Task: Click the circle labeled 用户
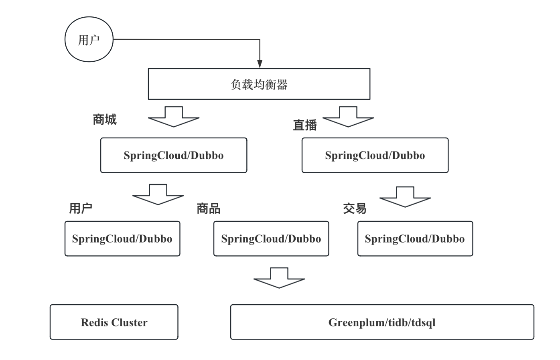pyautogui.click(x=89, y=40)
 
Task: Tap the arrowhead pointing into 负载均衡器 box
pyautogui.click(x=260, y=64)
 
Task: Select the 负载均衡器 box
pyautogui.click(x=259, y=84)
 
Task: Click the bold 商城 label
pyautogui.click(x=104, y=119)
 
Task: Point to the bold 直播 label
pyautogui.click(x=305, y=125)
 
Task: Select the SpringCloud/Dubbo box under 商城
pyautogui.click(x=174, y=155)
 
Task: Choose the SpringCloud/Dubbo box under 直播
pyautogui.click(x=375, y=155)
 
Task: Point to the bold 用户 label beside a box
pyautogui.click(x=81, y=208)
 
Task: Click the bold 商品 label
pyautogui.click(x=208, y=208)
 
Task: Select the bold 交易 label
pyautogui.click(x=355, y=208)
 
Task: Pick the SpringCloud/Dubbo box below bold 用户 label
pyautogui.click(x=122, y=239)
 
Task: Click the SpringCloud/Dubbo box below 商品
pyautogui.click(x=271, y=239)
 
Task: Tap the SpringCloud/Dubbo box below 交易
pyautogui.click(x=415, y=239)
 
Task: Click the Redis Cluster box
pyautogui.click(x=114, y=322)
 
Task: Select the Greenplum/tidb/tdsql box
pyautogui.click(x=382, y=322)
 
